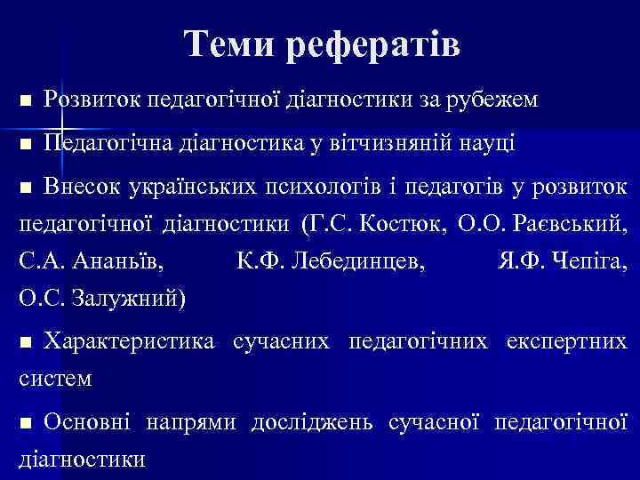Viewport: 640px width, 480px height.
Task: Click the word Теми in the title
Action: [x=230, y=44]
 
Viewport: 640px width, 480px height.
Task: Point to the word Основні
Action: [x=89, y=421]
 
